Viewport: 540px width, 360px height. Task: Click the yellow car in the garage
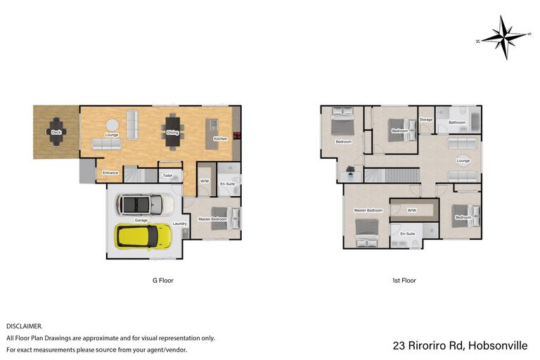[143, 236]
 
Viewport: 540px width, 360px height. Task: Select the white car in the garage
[145, 205]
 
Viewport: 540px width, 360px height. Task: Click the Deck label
[56, 132]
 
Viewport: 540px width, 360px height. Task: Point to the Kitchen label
[220, 139]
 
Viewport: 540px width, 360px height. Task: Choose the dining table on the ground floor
[172, 132]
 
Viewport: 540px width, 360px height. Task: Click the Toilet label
[167, 175]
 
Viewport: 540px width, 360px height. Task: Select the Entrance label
[110, 172]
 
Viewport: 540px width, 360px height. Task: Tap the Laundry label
[179, 224]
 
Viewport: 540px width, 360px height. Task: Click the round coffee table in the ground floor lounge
[112, 124]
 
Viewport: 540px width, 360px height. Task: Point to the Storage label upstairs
[426, 120]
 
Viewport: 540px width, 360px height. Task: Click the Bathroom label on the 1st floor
[457, 122]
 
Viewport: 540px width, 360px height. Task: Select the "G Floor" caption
[163, 281]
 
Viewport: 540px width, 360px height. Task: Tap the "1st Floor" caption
[404, 281]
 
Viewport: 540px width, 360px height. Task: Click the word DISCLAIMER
[24, 326]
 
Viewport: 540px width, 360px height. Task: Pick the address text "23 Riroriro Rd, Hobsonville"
[460, 345]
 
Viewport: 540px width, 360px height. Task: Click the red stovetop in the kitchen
[237, 136]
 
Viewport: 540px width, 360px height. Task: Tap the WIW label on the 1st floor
[412, 210]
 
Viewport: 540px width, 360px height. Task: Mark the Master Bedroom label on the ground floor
[212, 219]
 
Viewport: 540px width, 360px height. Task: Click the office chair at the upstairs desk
[351, 169]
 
